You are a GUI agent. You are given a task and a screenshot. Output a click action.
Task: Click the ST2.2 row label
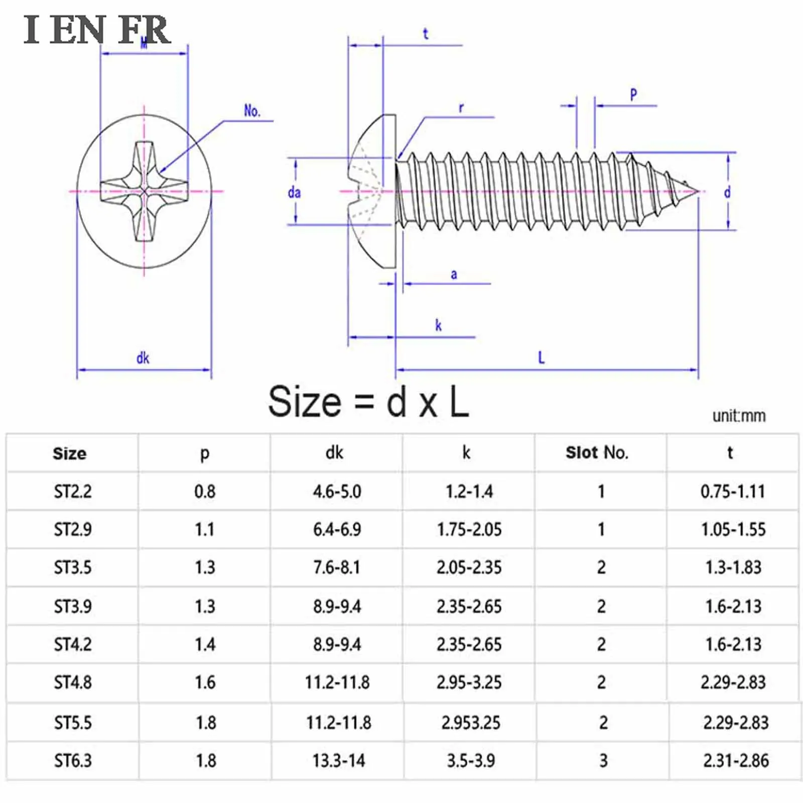click(x=73, y=491)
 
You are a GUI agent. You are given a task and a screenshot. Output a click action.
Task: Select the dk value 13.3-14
click(x=339, y=760)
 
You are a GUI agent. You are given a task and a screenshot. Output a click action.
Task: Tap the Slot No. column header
click(x=597, y=453)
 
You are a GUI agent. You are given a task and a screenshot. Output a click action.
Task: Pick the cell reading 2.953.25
click(x=471, y=722)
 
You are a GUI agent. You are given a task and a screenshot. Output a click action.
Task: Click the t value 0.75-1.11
click(x=733, y=491)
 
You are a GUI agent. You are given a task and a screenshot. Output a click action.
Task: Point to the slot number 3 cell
click(x=603, y=760)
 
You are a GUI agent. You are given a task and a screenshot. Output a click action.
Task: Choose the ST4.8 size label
click(x=73, y=682)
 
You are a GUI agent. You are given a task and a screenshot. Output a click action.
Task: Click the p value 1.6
click(x=205, y=682)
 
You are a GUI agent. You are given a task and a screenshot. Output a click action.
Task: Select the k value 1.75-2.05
click(x=469, y=529)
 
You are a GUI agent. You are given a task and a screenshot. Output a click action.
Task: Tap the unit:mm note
click(x=739, y=416)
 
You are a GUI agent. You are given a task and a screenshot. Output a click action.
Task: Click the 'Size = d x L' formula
click(x=369, y=401)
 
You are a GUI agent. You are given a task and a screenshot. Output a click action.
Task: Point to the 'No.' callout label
click(x=252, y=111)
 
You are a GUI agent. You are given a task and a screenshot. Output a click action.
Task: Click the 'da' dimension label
click(x=294, y=192)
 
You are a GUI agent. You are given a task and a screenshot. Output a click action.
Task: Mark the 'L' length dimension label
click(x=541, y=358)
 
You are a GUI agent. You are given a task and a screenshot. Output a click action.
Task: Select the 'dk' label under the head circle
click(x=143, y=358)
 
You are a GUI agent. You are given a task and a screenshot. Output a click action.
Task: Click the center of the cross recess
click(x=144, y=191)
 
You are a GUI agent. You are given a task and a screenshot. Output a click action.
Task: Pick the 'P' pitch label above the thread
click(x=633, y=94)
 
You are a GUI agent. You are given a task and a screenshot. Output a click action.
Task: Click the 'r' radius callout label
click(x=461, y=107)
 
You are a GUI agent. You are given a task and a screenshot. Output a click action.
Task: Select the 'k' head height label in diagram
click(x=438, y=325)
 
